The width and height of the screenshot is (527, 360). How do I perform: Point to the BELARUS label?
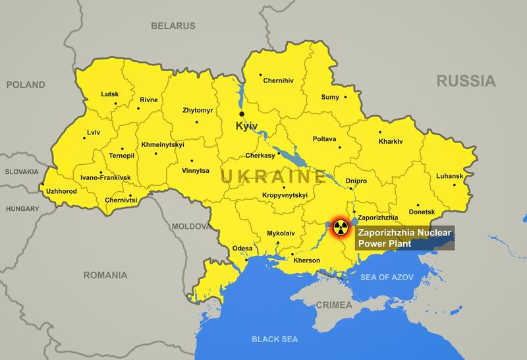(173, 26)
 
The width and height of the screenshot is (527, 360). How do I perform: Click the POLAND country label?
(26, 84)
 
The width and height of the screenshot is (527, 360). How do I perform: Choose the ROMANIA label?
(105, 275)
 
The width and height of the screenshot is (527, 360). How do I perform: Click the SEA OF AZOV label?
(387, 278)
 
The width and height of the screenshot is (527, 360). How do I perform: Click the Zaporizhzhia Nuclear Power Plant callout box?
(404, 238)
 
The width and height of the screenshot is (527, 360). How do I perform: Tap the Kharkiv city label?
(391, 141)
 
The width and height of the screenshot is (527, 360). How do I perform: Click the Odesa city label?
(242, 249)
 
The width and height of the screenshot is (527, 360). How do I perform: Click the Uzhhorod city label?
(61, 191)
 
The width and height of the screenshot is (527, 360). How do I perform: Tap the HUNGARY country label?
(22, 208)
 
